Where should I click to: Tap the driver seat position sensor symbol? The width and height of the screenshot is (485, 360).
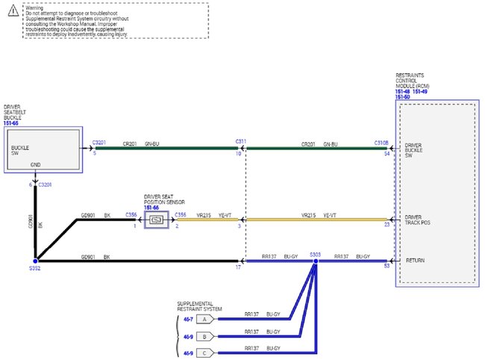click(157, 220)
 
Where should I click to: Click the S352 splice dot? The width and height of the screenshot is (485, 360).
click(34, 261)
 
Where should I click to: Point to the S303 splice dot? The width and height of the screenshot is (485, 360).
click(315, 261)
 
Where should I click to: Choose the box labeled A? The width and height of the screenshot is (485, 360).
click(204, 319)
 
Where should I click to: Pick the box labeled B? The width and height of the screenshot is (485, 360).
click(204, 336)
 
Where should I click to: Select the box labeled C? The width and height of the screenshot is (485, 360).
click(204, 353)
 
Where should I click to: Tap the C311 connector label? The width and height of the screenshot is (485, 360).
click(240, 141)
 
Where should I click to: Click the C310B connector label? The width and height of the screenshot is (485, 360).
click(381, 141)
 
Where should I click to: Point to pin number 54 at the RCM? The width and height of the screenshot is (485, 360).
click(387, 153)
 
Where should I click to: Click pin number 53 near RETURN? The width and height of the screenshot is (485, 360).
click(387, 266)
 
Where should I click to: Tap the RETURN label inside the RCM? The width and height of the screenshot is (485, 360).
click(414, 261)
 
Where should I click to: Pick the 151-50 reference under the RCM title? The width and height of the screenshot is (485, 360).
click(403, 97)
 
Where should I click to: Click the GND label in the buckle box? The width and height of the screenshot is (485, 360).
click(35, 165)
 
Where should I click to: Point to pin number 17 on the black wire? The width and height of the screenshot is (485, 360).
click(239, 266)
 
